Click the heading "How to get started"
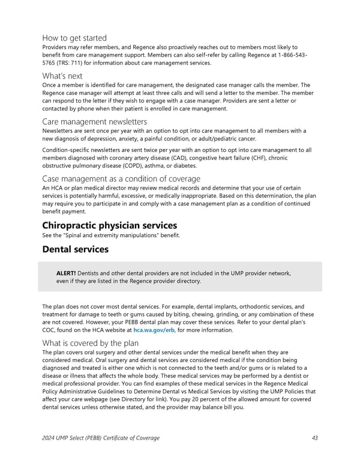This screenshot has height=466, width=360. (74, 38)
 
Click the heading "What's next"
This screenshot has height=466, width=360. (62, 76)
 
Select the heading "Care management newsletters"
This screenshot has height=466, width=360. (94, 122)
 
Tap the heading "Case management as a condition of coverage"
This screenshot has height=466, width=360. (121, 178)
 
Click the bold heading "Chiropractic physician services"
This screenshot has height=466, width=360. (110, 225)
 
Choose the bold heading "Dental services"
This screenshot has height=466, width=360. (75, 249)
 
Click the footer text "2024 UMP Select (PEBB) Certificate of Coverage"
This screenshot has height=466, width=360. (101, 438)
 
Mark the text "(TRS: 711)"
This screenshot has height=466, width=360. (72, 64)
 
